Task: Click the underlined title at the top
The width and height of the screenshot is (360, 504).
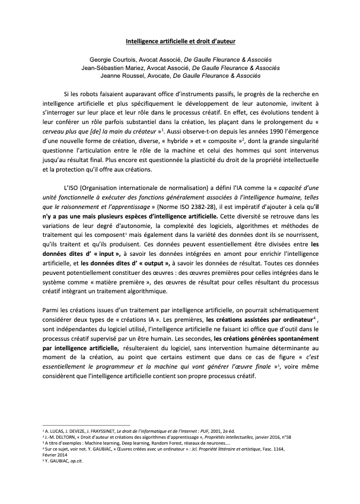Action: [x=181, y=42]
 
